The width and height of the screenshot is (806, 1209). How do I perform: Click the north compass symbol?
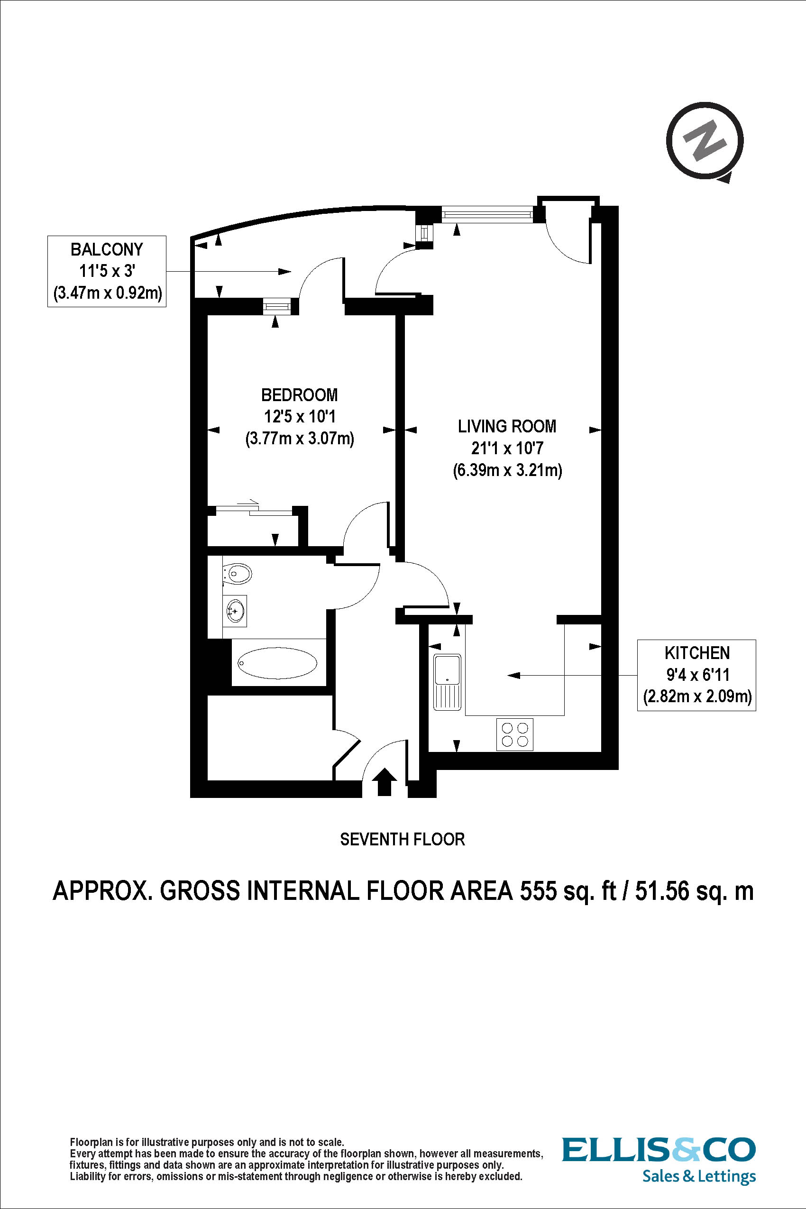[x=705, y=141]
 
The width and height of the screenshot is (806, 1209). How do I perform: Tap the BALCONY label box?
[x=107, y=271]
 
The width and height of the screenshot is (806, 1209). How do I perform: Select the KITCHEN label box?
[x=696, y=675]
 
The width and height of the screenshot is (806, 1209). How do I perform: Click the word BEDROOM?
[x=299, y=395]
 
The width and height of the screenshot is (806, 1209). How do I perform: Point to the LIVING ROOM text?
[x=507, y=426]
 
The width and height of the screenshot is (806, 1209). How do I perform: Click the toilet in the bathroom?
[x=238, y=573]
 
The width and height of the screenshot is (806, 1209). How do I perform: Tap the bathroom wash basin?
[x=236, y=611]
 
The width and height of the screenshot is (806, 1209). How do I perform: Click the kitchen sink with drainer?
[x=448, y=682]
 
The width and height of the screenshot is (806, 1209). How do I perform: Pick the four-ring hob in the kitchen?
[x=515, y=734]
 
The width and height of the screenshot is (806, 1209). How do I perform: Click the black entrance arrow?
[x=384, y=781]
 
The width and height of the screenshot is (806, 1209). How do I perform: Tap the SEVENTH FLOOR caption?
[x=403, y=839]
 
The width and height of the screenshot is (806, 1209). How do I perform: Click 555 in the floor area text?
[x=538, y=890]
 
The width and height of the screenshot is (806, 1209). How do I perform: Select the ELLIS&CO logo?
[x=659, y=1149]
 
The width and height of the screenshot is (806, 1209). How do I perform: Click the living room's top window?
[x=487, y=214]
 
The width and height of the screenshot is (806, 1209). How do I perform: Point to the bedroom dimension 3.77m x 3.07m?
[x=300, y=439]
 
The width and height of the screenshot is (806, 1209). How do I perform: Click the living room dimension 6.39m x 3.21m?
[x=507, y=470]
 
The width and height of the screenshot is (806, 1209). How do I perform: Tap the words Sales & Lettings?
[x=698, y=1176]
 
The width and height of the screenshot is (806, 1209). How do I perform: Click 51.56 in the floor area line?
[x=661, y=890]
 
